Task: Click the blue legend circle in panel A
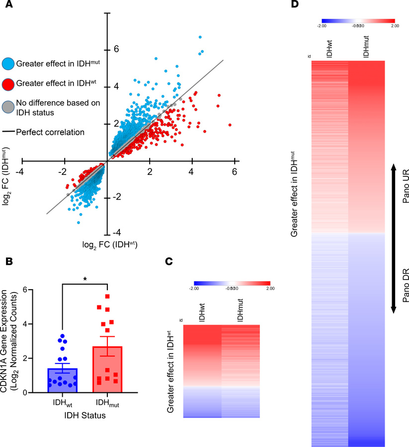[x=7, y=64]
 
